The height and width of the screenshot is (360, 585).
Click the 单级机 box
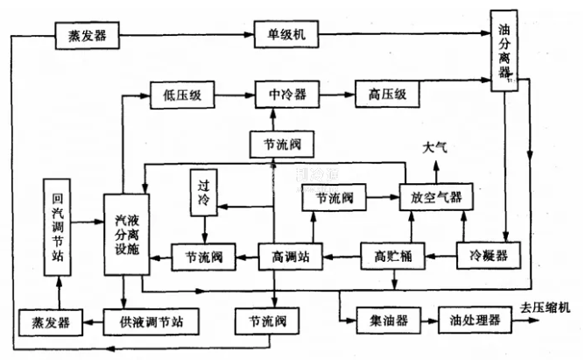(286, 37)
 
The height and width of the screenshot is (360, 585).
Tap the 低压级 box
(182, 93)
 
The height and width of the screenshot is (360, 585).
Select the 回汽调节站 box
(59, 226)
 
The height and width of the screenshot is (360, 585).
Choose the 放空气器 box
(435, 198)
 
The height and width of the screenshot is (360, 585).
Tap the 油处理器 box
(474, 320)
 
